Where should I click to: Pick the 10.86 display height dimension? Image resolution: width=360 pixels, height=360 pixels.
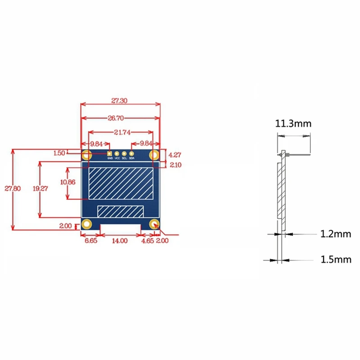(67, 182)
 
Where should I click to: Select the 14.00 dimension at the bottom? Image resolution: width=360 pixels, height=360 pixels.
(120, 241)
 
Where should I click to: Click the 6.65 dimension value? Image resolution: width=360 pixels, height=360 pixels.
(90, 241)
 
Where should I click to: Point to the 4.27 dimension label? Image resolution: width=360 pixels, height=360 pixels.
(174, 154)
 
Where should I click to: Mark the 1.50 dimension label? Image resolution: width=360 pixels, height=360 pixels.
(59, 153)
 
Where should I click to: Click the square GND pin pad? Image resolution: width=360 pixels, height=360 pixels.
(109, 153)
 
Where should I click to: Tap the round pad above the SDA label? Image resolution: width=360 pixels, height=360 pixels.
(132, 153)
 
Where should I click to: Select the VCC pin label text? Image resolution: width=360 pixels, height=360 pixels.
(117, 158)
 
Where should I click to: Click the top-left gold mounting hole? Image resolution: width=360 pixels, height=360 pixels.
(86, 156)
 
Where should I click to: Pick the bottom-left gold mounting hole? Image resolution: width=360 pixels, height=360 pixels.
(86, 224)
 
